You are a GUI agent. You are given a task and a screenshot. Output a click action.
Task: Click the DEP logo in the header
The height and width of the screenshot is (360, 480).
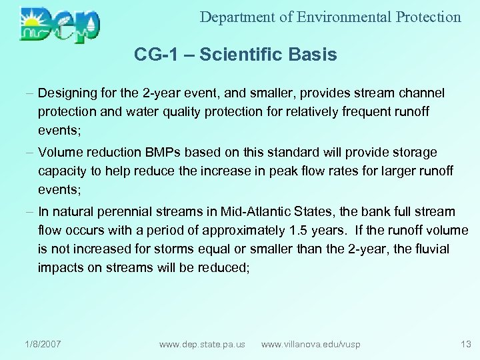tap(60, 25)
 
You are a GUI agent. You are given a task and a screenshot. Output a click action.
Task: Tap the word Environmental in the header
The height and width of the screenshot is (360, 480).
tap(342, 17)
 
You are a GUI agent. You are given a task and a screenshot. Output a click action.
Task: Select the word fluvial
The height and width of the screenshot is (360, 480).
tap(431, 249)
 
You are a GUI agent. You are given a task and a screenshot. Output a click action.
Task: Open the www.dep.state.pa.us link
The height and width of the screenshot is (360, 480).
tap(202, 344)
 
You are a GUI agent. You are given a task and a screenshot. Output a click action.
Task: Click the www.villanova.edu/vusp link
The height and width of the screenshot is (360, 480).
tap(311, 344)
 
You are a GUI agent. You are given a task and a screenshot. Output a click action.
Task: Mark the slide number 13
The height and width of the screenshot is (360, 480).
tap(465, 344)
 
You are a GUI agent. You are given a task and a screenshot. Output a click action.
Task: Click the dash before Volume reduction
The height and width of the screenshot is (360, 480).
tap(31, 153)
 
